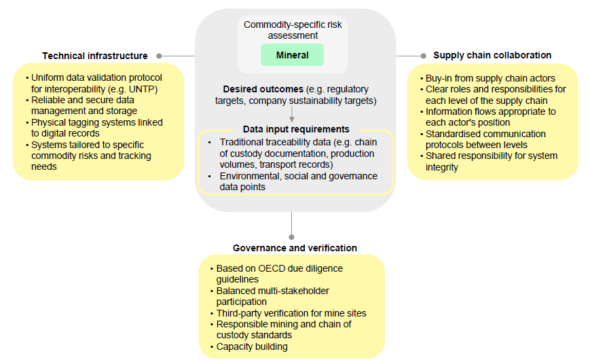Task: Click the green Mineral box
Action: click(x=292, y=55)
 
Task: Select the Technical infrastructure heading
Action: click(x=94, y=56)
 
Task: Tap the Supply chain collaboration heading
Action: click(x=492, y=55)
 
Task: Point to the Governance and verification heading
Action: click(x=295, y=248)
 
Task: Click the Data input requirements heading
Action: click(x=296, y=129)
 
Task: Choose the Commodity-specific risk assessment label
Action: click(x=293, y=30)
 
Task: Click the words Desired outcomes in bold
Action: click(x=263, y=90)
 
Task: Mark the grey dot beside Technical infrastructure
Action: click(x=159, y=56)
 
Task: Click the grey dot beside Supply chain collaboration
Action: click(x=422, y=56)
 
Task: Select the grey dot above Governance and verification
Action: click(x=291, y=237)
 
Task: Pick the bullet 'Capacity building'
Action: click(x=251, y=346)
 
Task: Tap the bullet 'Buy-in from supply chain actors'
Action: click(x=490, y=78)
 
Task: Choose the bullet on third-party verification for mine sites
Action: click(x=291, y=313)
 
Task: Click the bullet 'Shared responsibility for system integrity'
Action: click(x=491, y=161)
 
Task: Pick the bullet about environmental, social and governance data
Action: click(x=297, y=181)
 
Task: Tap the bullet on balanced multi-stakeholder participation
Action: click(x=272, y=296)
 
